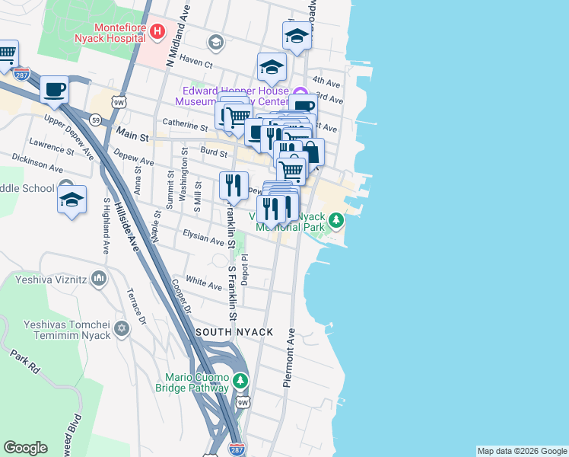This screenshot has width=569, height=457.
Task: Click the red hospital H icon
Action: point(157,31)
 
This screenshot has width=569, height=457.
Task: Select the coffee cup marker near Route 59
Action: point(55,89)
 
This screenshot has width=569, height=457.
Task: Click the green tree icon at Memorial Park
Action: point(335,222)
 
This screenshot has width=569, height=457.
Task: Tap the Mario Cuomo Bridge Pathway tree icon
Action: point(240,379)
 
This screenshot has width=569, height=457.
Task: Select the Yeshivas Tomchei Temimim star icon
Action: point(121,329)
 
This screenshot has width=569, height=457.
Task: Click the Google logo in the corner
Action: point(25,448)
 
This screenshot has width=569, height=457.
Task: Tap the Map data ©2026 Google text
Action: point(522,451)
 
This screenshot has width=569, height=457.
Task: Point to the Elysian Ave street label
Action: point(203,238)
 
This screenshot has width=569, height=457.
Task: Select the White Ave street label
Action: point(204,283)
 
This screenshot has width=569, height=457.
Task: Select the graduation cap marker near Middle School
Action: point(72,200)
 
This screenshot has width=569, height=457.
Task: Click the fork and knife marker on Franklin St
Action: point(234,185)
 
